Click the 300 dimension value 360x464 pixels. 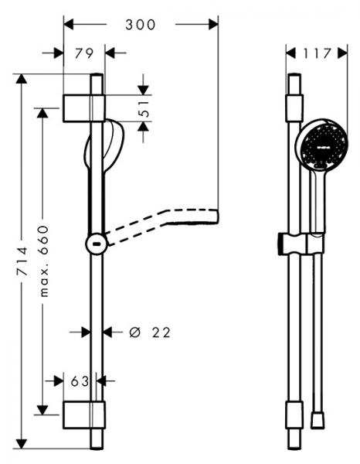point(140,25)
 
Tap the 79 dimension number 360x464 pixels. point(84,53)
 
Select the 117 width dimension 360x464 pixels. point(318,53)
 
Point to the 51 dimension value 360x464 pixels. point(144,109)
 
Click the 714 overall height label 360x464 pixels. point(22,261)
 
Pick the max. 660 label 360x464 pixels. point(44,261)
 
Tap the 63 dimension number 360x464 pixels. point(80,381)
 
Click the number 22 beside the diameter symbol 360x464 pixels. point(161,333)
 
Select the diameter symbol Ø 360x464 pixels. point(134,333)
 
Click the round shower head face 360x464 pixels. point(324,146)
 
